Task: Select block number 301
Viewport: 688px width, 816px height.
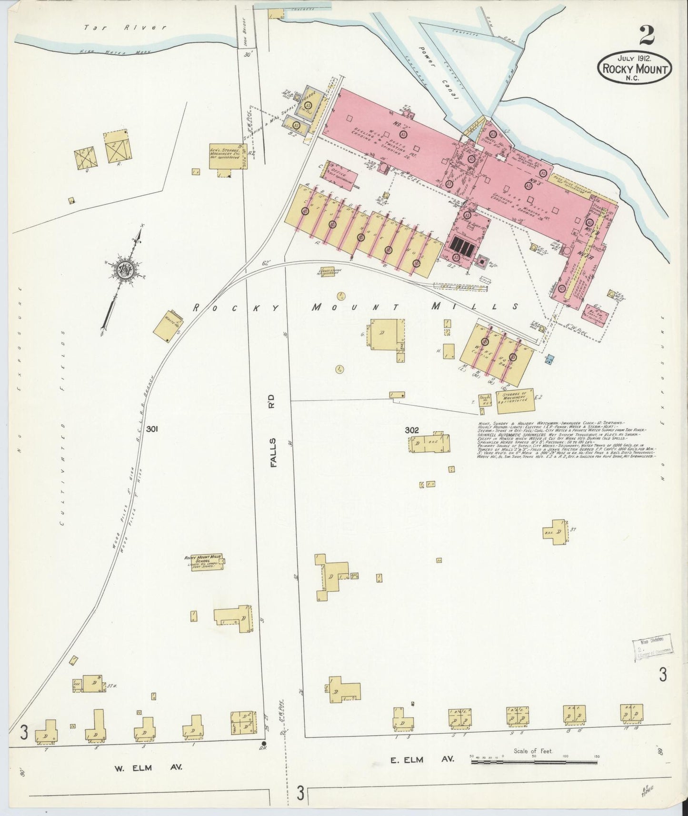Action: click(152, 429)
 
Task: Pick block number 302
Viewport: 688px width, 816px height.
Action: click(411, 430)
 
